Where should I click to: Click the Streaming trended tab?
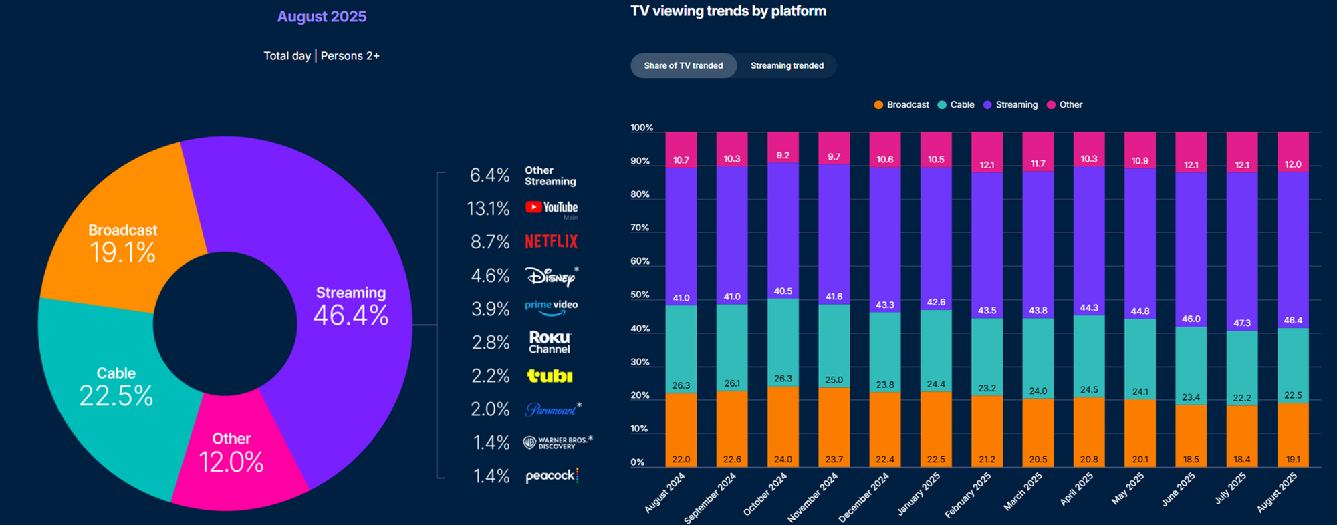pos(787,65)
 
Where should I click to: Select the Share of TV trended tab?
pos(683,65)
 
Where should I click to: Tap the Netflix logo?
pos(551,242)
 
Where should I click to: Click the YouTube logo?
pos(552,208)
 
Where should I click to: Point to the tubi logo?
pos(550,376)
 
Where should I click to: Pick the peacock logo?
pos(552,476)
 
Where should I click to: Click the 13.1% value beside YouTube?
pos(488,209)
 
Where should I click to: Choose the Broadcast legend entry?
pos(902,105)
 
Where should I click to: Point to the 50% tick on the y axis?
pos(640,295)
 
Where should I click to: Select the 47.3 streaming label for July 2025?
pos(1242,323)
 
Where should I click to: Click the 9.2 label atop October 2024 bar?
pos(783,156)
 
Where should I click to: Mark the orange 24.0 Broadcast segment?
pos(783,427)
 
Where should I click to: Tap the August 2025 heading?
pos(322,17)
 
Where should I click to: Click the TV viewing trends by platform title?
pos(728,11)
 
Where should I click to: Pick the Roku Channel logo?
pos(550,342)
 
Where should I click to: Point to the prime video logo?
pos(551,307)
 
